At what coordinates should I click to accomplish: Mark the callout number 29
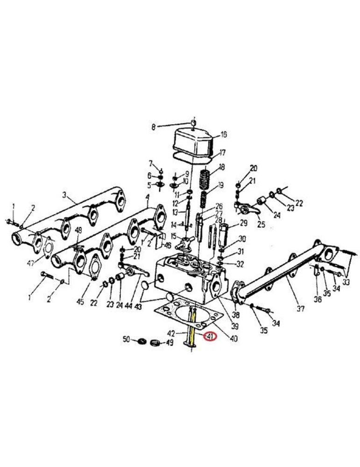243,224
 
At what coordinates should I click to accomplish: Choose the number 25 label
261,225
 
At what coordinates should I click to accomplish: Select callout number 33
346,283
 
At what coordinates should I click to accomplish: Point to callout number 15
173,236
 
